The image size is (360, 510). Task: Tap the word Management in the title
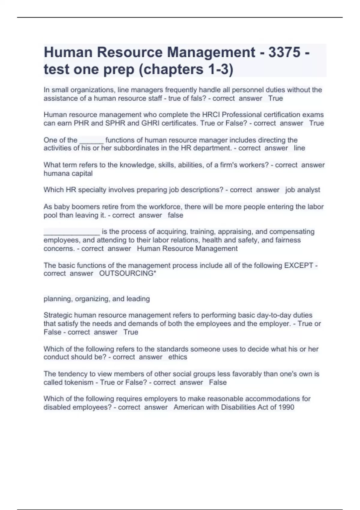coord(211,52)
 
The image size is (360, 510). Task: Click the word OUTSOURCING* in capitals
coord(127,274)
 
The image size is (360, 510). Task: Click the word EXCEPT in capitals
coord(298,265)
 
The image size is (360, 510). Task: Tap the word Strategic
coord(58,315)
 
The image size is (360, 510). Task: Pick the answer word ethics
coord(178,357)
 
